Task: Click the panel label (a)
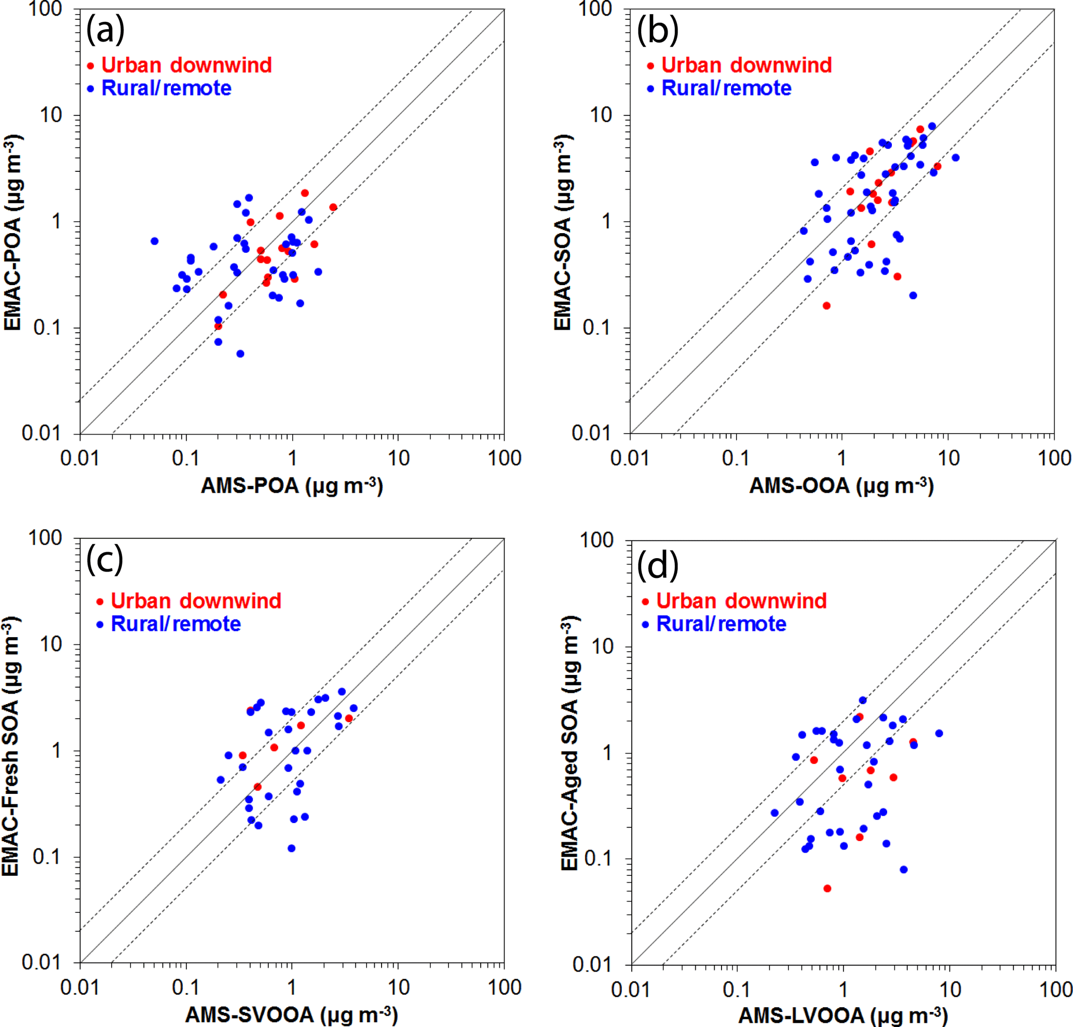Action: point(105,31)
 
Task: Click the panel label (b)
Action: point(658,31)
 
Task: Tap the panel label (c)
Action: point(104,560)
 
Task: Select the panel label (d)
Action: point(658,565)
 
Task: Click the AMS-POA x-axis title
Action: point(292,486)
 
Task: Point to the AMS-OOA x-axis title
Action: point(841,486)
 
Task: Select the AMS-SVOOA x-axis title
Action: point(291,1015)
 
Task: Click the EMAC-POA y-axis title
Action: point(13,232)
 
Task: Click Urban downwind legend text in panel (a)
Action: point(187,65)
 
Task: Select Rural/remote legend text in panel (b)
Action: point(726,88)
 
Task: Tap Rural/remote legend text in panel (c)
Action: point(176,624)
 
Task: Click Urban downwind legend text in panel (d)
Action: point(741,601)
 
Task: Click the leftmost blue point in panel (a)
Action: point(154,241)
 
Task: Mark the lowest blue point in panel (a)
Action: point(240,354)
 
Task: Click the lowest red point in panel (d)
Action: point(827,888)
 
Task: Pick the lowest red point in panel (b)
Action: point(826,305)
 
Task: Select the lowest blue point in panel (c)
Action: point(291,848)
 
